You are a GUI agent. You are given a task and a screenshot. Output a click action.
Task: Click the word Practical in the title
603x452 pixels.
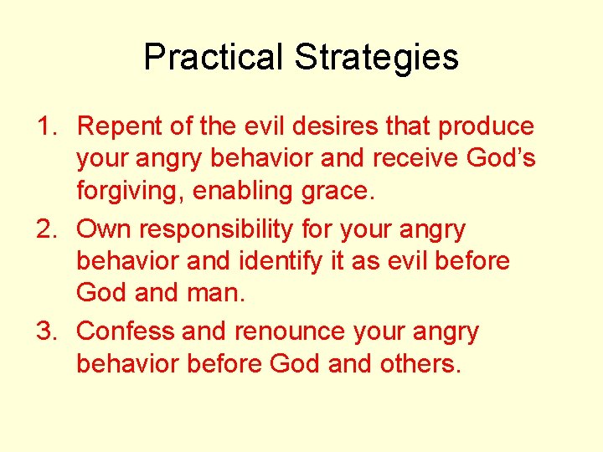pos(214,58)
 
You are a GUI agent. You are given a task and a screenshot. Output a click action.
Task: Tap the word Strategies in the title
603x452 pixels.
pos(376,58)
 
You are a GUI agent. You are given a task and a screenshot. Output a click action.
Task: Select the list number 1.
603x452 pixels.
pos(44,126)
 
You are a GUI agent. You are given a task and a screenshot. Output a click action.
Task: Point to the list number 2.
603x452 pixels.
pos(44,229)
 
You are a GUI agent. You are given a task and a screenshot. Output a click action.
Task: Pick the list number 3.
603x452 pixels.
pos(44,331)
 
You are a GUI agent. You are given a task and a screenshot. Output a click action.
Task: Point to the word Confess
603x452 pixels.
pos(126,331)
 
